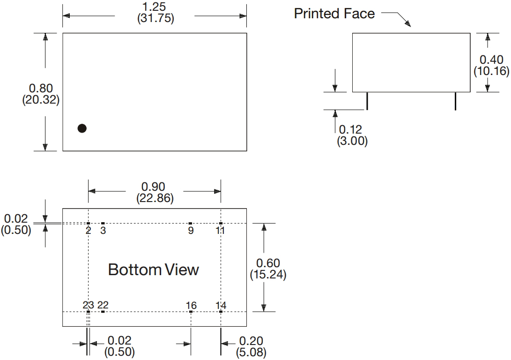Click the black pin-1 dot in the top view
pos(82,128)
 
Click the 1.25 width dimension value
pos(154,7)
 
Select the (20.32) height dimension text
pos(41,100)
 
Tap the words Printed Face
pos(334,14)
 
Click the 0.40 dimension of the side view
pos(491,60)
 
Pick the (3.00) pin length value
pos(352,141)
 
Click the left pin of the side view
pos(367,101)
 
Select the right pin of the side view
pos(455,101)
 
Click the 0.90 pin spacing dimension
pos(153,187)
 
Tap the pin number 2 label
pos(89,231)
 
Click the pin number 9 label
pos(191,231)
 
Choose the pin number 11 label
pos(220,231)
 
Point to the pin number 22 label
pos(103,305)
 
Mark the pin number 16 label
pos(191,306)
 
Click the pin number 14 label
pos(221,306)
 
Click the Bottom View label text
pos(154,270)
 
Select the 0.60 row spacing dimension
pos(268,263)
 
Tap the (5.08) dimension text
pos(251,352)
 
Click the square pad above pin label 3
pos(103,224)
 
